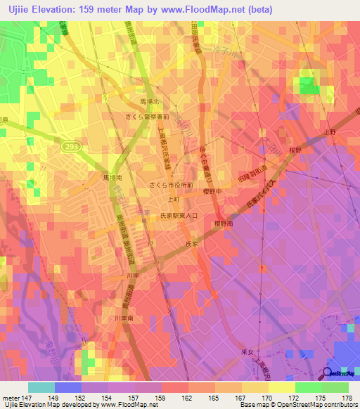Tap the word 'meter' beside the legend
coord(10,397)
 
